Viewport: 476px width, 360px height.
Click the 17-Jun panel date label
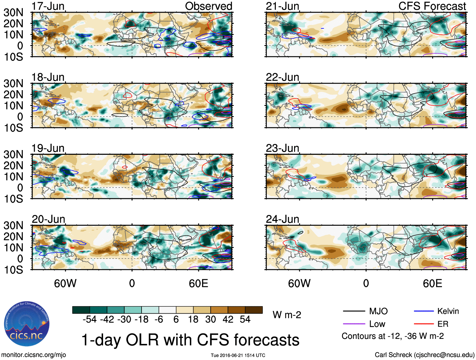click(x=48, y=6)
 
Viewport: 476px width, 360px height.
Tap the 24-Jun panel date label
click(x=282, y=219)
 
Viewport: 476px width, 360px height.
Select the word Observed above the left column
click(x=208, y=6)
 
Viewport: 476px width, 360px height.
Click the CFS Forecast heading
click(x=432, y=6)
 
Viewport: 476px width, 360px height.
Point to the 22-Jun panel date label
click(x=282, y=77)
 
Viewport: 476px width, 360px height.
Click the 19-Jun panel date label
click(x=48, y=148)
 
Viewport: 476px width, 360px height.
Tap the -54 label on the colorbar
click(x=90, y=320)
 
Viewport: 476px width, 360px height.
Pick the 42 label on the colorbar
click(x=228, y=320)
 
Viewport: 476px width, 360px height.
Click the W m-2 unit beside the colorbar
click(x=287, y=315)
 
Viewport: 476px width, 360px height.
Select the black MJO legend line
click(x=354, y=311)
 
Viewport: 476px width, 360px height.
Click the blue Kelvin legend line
click(x=424, y=311)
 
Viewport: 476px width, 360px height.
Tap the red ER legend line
click(x=424, y=324)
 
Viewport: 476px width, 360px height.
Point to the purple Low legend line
click(x=354, y=324)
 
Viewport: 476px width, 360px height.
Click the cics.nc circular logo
click(x=27, y=324)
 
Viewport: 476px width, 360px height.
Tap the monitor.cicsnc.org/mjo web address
click(x=34, y=355)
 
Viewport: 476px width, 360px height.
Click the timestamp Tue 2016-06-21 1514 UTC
click(x=238, y=356)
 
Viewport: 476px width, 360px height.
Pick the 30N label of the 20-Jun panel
click(x=13, y=226)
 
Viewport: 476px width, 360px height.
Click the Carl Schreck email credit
click(x=424, y=355)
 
